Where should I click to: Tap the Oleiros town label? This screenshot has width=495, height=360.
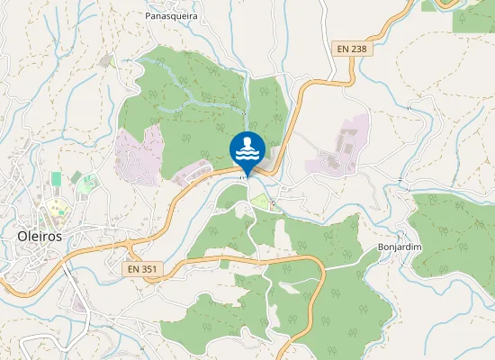(40, 236)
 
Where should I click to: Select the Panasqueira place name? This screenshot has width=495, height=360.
(171, 16)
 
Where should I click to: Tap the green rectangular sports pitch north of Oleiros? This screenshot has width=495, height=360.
(56, 179)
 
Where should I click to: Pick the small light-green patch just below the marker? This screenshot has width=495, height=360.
(259, 202)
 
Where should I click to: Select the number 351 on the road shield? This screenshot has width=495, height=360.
(148, 268)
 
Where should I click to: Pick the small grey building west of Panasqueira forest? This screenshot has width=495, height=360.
(106, 60)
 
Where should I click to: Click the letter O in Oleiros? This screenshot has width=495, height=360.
(22, 236)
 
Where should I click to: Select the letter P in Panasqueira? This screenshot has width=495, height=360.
(148, 16)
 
